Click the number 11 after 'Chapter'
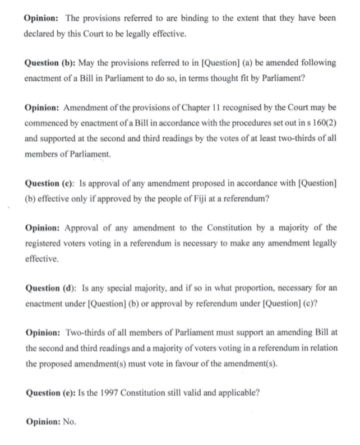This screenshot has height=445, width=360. click(x=207, y=107)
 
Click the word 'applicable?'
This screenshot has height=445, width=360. click(x=237, y=392)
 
